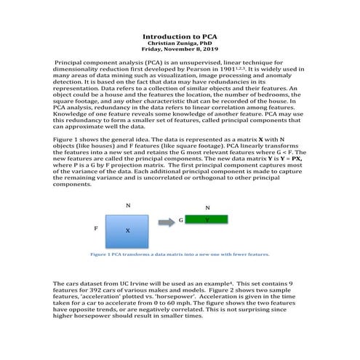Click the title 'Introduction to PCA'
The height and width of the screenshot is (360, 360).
[x=180, y=36]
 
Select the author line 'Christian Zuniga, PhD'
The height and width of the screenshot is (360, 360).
[x=180, y=43]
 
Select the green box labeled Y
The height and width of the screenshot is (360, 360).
[x=208, y=219]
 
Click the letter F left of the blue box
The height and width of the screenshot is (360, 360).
[x=96, y=228]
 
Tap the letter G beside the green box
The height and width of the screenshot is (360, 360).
[x=180, y=219]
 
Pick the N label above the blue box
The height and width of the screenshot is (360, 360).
[x=128, y=206]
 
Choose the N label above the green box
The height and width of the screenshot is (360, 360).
[x=207, y=208]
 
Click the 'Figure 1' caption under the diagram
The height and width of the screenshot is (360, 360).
[x=179, y=255]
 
